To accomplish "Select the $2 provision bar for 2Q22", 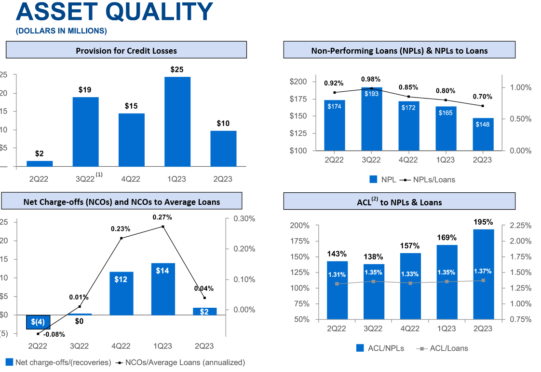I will click(x=40, y=164).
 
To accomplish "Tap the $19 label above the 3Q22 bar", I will click(x=85, y=90).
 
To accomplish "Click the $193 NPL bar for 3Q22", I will click(x=372, y=121).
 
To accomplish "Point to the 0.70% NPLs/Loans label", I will click(x=483, y=96).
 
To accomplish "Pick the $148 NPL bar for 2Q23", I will click(x=483, y=134).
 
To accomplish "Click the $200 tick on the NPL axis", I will click(x=299, y=81).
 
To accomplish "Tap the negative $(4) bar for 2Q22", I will click(x=38, y=322).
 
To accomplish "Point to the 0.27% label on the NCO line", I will click(x=162, y=217).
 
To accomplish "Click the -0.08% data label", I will click(x=54, y=334).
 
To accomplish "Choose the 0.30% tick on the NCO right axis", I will click(x=243, y=219).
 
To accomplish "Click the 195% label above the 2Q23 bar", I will click(x=483, y=222).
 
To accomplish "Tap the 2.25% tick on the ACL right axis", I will click(x=520, y=226).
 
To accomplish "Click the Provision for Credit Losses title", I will click(x=126, y=50).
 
